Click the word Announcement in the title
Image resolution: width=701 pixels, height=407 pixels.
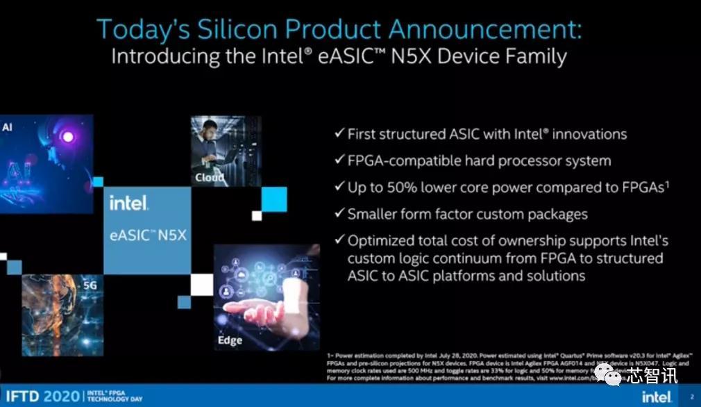(484, 29)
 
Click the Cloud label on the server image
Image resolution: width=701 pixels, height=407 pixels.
(210, 177)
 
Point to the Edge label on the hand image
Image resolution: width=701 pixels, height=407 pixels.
(230, 340)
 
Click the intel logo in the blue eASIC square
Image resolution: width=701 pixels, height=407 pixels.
(128, 203)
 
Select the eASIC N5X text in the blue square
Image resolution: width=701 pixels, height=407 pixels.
(148, 235)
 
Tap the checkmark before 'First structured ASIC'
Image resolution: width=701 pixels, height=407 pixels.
(339, 133)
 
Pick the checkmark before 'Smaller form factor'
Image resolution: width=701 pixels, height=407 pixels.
(339, 214)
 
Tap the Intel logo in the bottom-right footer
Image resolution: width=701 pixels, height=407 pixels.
(655, 397)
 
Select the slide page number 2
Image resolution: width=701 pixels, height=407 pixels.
(691, 397)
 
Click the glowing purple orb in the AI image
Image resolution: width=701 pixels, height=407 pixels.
(68, 137)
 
